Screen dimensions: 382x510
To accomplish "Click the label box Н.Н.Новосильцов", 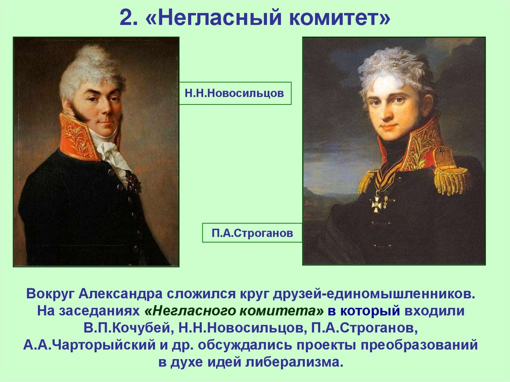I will tap(235, 93).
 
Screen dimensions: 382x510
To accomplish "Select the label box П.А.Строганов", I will tap(252, 233).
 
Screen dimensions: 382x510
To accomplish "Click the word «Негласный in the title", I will tap(206, 19).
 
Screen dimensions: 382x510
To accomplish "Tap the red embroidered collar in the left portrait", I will tap(77, 137).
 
